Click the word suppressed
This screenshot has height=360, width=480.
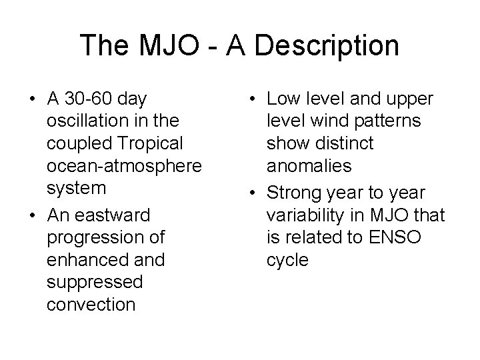coord(95,283)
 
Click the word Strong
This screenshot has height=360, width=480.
coord(293,192)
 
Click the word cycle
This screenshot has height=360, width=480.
coord(287,260)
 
